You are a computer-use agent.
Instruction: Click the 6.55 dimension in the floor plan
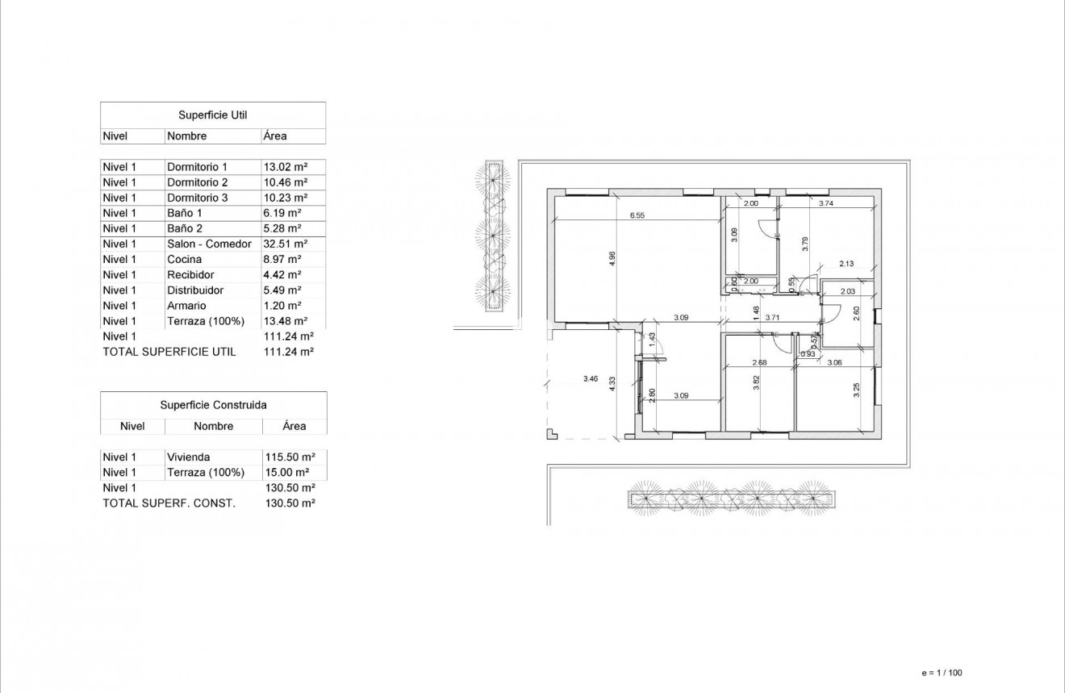[637, 215]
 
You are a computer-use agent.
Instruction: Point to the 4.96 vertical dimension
[612, 258]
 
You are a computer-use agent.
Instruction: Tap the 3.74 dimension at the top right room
[825, 204]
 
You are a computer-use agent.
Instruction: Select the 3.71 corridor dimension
[772, 318]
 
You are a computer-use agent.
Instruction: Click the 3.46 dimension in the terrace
[591, 378]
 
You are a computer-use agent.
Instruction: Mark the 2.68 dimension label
[758, 362]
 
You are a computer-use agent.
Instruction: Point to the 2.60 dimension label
[856, 313]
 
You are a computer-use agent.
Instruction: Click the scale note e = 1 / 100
[942, 672]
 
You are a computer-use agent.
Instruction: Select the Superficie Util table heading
[213, 115]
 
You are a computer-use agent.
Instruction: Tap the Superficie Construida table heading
[213, 405]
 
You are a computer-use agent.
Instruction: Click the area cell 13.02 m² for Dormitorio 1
[286, 167]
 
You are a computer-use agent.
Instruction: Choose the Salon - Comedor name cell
[209, 244]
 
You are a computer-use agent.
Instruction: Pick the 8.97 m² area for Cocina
[282, 259]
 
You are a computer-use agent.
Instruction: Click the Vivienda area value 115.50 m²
[289, 457]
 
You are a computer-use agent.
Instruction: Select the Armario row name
[186, 306]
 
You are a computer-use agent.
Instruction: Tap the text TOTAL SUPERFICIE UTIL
[169, 352]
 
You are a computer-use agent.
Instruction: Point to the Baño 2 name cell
[185, 228]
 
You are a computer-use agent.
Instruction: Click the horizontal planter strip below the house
[732, 499]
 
